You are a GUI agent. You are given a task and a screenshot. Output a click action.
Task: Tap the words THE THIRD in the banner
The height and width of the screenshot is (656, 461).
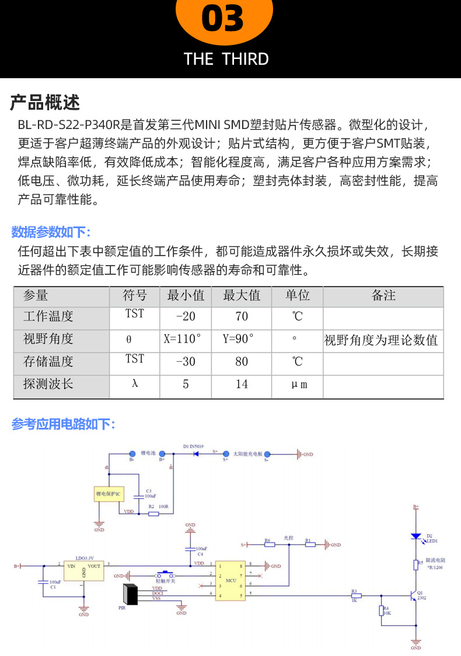(x=226, y=59)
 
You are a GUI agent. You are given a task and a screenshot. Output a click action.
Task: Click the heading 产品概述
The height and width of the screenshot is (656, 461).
(x=45, y=103)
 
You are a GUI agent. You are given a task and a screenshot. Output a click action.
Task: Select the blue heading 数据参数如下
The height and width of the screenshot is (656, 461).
(x=51, y=232)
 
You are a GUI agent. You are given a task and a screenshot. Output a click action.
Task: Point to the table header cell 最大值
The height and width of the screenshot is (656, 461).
(x=242, y=295)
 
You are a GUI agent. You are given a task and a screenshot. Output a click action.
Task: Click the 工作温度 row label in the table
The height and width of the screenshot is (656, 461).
(x=48, y=317)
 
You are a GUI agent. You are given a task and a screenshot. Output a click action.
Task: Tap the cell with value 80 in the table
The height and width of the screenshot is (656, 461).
(x=242, y=362)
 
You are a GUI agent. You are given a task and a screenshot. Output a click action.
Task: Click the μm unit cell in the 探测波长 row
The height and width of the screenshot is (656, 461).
(x=298, y=384)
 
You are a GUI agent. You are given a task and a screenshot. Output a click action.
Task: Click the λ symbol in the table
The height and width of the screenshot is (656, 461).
(x=135, y=384)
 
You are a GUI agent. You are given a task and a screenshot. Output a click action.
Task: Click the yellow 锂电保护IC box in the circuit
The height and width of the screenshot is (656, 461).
(x=109, y=494)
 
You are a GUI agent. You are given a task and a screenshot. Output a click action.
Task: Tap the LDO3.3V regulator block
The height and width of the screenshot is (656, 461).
(x=83, y=569)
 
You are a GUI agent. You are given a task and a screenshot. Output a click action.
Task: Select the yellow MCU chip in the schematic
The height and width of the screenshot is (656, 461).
(x=231, y=581)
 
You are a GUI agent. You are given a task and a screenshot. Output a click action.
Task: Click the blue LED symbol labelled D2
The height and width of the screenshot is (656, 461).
(x=416, y=536)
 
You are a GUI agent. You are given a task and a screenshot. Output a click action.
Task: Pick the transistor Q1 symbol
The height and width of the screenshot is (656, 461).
(x=413, y=595)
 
